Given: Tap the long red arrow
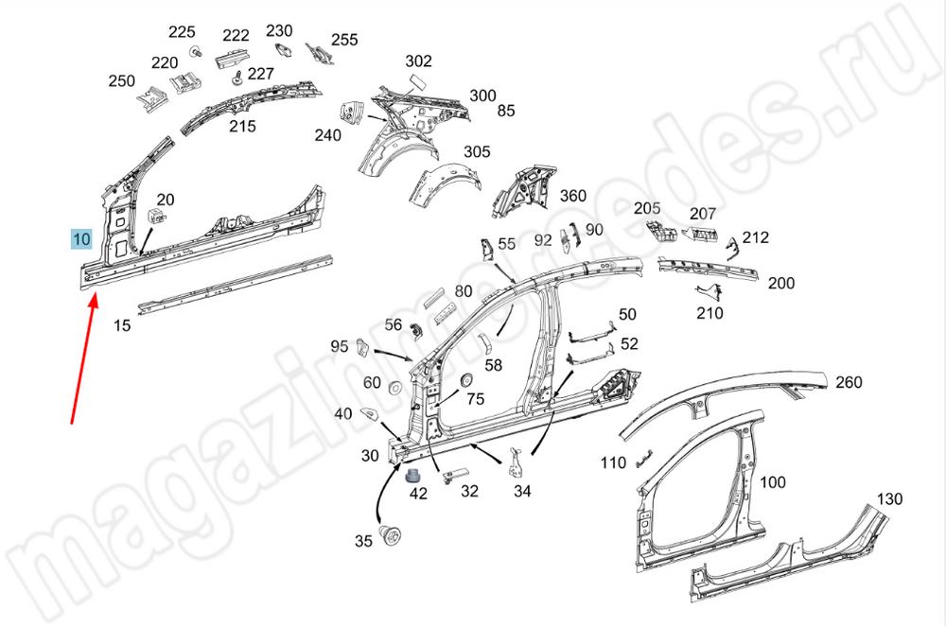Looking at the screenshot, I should [83, 359].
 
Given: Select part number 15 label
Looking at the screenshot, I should [122, 325].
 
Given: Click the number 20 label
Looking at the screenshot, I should [166, 200].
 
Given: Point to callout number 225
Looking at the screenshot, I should [182, 31].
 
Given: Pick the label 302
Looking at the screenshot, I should [418, 61].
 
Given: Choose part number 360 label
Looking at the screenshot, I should [573, 196].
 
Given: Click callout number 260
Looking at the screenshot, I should [850, 382].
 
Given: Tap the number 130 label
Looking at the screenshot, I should [889, 498].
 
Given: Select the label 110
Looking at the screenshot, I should [613, 462].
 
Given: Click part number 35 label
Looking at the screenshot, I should [363, 542].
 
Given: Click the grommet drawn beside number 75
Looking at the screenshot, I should [464, 380].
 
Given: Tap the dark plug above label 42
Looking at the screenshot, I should [414, 475].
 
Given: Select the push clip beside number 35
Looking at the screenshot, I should [389, 535].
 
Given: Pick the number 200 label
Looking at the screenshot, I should [780, 283].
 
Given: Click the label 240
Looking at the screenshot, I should [327, 135].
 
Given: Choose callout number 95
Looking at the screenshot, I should [340, 346].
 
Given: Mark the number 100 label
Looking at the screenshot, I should [773, 482].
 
